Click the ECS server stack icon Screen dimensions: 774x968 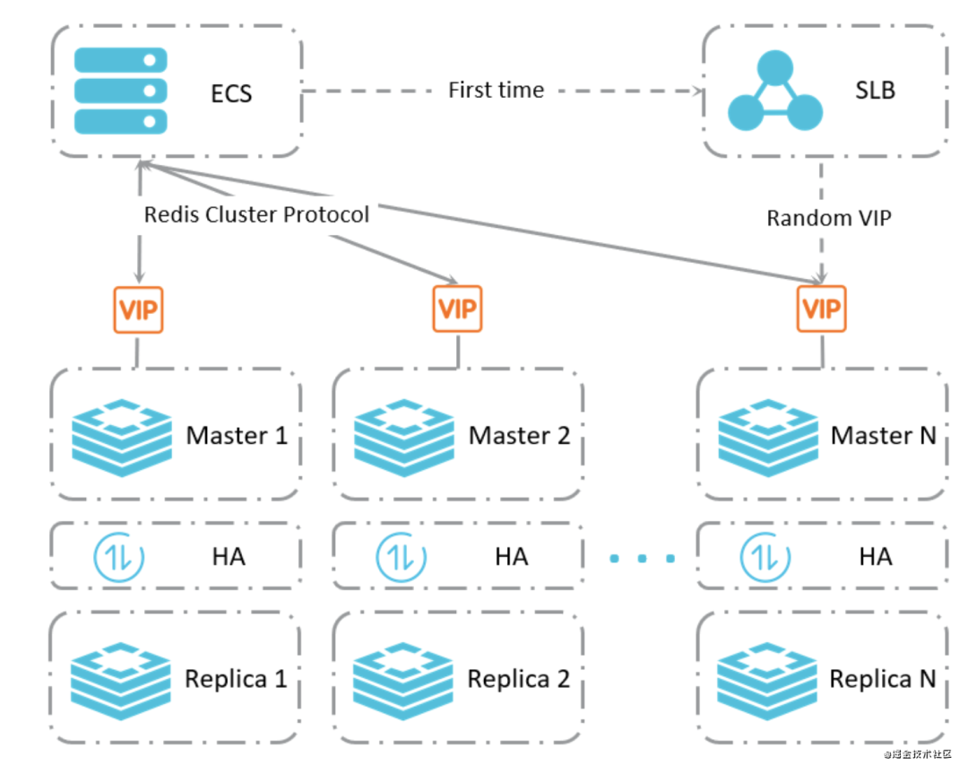[121, 91]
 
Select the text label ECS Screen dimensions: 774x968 [231, 92]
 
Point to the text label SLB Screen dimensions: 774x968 [874, 90]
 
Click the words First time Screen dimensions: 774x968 [496, 91]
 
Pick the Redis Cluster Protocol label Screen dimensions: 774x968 [256, 215]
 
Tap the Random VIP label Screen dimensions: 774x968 [829, 218]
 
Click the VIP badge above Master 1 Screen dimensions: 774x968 [138, 309]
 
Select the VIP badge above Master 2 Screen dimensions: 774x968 [457, 309]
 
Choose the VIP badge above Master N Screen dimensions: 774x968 [821, 309]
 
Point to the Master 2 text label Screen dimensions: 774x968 [520, 436]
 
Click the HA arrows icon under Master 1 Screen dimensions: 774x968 [119, 557]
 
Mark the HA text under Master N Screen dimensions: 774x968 [875, 557]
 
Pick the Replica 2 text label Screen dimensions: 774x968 [518, 679]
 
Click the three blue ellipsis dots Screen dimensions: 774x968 [643, 559]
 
